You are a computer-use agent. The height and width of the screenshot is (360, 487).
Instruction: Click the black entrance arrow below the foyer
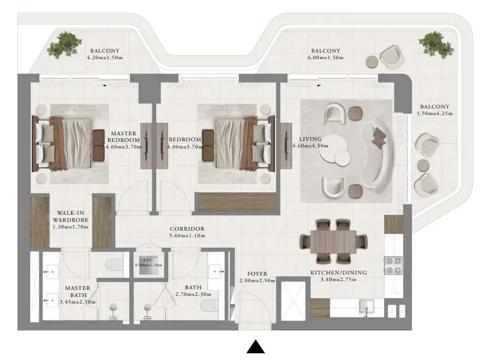point(256,347)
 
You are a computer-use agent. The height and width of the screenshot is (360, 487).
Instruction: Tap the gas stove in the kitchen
point(393,265)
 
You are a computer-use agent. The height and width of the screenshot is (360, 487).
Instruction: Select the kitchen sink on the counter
point(367,306)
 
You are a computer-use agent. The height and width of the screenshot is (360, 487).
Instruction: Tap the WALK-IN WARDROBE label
point(71,216)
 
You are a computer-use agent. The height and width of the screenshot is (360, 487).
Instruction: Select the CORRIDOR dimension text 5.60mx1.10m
point(187,236)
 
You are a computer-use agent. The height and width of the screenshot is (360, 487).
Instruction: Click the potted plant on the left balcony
point(65,45)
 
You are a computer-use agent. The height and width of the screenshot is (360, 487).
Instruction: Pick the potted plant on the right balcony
point(436,44)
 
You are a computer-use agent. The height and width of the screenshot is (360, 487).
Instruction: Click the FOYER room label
point(257,273)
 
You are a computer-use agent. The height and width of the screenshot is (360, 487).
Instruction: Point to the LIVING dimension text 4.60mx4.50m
point(310,146)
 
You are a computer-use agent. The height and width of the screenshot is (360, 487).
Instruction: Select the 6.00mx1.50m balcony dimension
point(325,58)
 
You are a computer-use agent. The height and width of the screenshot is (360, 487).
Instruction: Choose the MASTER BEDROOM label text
point(124,136)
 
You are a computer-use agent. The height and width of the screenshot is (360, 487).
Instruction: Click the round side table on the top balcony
point(372,62)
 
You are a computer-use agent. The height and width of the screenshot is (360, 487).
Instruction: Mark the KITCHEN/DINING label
point(339,273)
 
